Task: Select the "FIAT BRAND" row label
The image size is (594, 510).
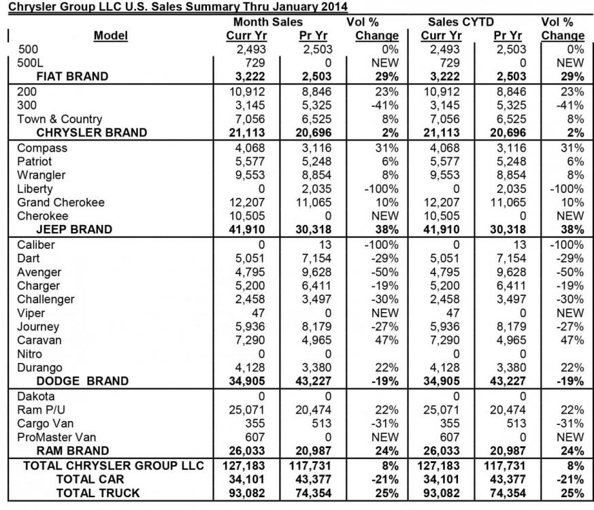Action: coord(73,76)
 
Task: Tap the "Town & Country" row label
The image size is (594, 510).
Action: coord(60,119)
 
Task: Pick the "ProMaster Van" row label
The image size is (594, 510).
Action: coord(55,437)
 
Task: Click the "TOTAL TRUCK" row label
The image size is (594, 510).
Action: coord(98,493)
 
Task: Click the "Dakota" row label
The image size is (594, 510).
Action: coord(36,396)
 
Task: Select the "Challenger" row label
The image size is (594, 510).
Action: coord(46,299)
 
